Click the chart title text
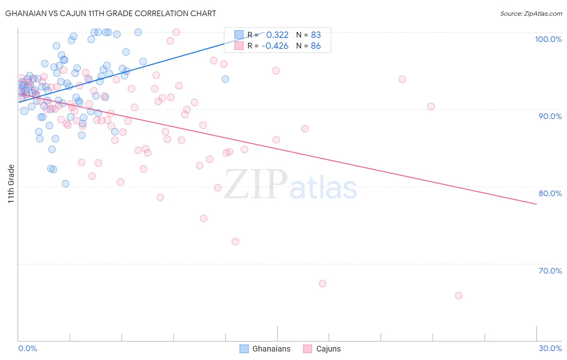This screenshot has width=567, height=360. pyautogui.click(x=110, y=13)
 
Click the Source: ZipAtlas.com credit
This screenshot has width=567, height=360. pyautogui.click(x=531, y=13)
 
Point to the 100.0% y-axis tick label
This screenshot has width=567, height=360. pyautogui.click(x=548, y=39)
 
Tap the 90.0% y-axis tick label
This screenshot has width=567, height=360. pyautogui.click(x=550, y=116)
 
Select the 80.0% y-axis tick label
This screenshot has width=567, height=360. pyautogui.click(x=550, y=193)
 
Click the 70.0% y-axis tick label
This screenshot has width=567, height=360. pyautogui.click(x=550, y=271)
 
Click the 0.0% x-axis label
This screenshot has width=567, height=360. pyautogui.click(x=27, y=348)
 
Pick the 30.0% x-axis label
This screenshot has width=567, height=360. pyautogui.click(x=550, y=348)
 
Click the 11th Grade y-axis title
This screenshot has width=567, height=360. pyautogui.click(x=11, y=184)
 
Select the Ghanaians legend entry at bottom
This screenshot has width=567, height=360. pyautogui.click(x=265, y=349)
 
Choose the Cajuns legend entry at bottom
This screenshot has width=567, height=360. pyautogui.click(x=322, y=349)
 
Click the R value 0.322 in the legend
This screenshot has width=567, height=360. pyautogui.click(x=277, y=35)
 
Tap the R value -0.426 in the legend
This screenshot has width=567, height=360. pyautogui.click(x=275, y=46)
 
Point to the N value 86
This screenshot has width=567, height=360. pyautogui.click(x=316, y=46)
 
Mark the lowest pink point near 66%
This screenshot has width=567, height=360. pyautogui.click(x=459, y=295)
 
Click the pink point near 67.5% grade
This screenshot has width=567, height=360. pyautogui.click(x=323, y=283)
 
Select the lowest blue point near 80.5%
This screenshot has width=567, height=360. pyautogui.click(x=65, y=184)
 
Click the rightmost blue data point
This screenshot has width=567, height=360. pyautogui.click(x=225, y=79)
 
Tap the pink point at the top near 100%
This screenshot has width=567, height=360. pyautogui.click(x=176, y=32)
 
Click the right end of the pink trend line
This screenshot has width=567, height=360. pyautogui.click(x=536, y=204)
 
